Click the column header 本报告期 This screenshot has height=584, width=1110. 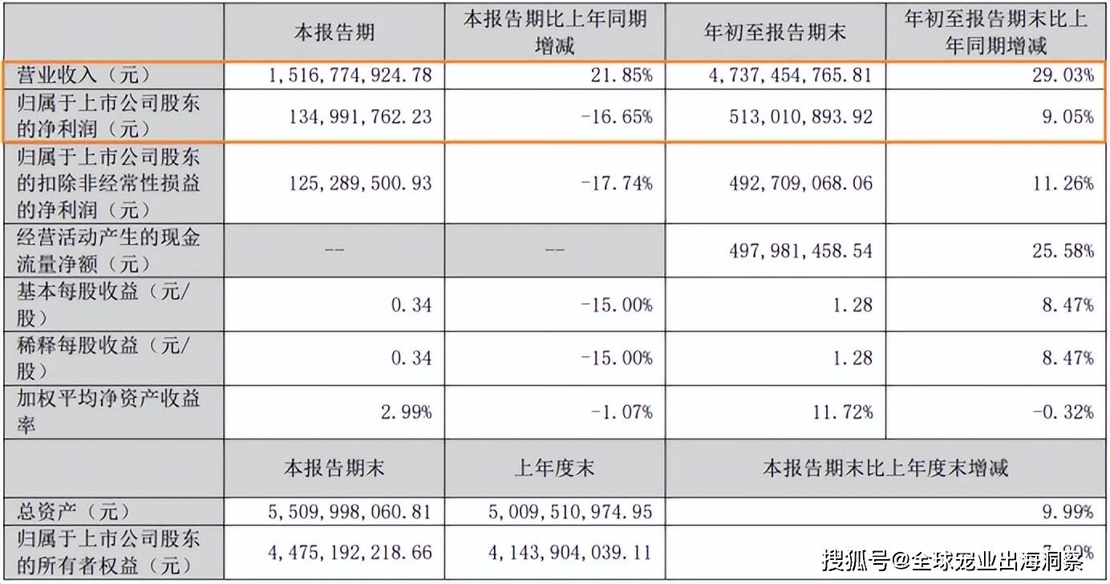(x=334, y=33)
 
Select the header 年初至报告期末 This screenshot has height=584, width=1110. (x=775, y=33)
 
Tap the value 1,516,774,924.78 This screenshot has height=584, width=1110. (x=346, y=76)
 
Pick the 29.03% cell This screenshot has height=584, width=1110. (x=1067, y=76)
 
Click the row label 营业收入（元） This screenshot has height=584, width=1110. (x=79, y=76)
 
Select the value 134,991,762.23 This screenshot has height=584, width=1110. (x=358, y=116)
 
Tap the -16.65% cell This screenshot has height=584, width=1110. (x=616, y=116)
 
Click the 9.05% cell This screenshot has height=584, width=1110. (x=1072, y=116)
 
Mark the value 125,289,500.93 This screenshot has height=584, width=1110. (x=358, y=184)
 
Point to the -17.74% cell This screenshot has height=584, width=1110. (x=616, y=184)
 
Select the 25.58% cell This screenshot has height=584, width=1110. (x=1067, y=251)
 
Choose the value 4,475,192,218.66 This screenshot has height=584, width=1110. (x=346, y=552)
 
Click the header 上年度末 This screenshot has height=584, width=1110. (x=554, y=468)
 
